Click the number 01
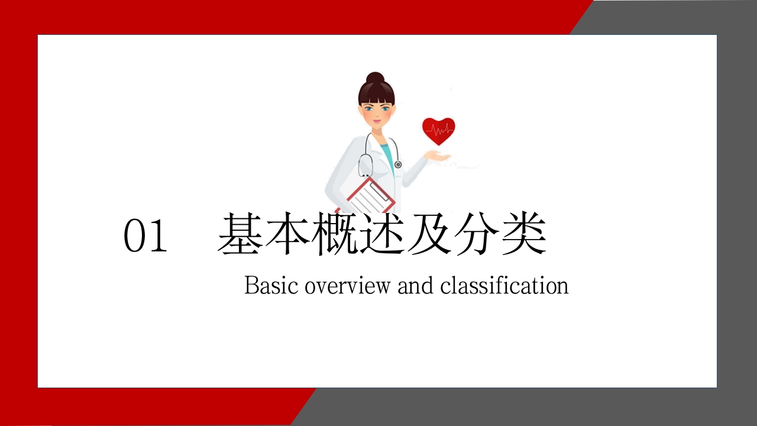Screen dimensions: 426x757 coord(145,237)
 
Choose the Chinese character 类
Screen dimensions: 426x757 coord(524,235)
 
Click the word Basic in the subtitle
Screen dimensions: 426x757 coord(271,286)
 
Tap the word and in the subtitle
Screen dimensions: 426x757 coord(415,286)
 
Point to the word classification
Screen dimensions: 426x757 coord(504,286)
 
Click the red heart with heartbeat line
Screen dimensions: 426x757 coord(438,131)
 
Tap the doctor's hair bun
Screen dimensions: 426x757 coord(374,78)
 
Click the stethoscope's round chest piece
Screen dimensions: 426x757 coord(397,164)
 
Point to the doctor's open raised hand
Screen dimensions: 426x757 coord(436,157)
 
